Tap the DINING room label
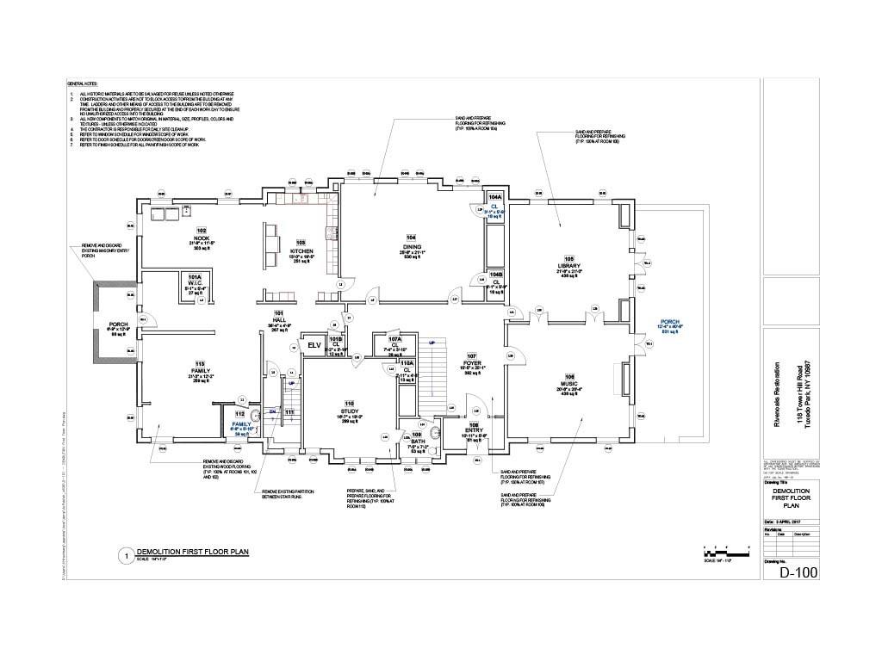pyautogui.click(x=412, y=246)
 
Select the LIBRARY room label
pyautogui.click(x=568, y=267)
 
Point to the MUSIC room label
pyautogui.click(x=568, y=384)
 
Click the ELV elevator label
pyautogui.click(x=314, y=345)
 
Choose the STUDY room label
pyautogui.click(x=350, y=412)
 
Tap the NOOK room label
pyautogui.click(x=202, y=238)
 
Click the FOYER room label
pyautogui.click(x=471, y=362)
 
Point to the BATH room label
pyautogui.click(x=417, y=442)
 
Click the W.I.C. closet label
pyautogui.click(x=194, y=283)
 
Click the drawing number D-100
pyautogui.click(x=798, y=572)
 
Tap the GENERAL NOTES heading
pyautogui.click(x=84, y=83)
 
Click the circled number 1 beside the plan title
pyautogui.click(x=126, y=556)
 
